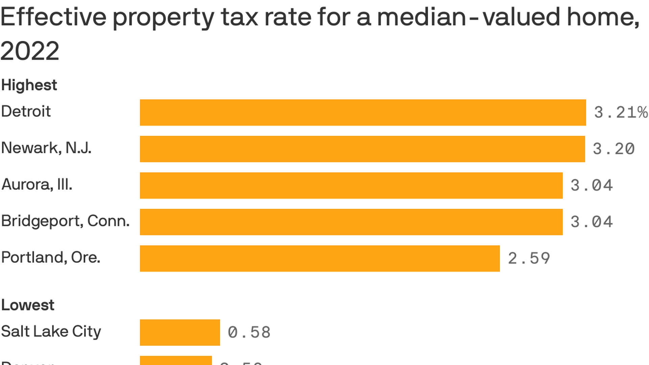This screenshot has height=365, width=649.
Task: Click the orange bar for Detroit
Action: click(x=363, y=113)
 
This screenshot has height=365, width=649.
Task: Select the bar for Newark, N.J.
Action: click(x=362, y=149)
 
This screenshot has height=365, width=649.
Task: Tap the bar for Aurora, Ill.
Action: click(x=351, y=186)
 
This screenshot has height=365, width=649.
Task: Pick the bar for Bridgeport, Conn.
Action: click(x=351, y=222)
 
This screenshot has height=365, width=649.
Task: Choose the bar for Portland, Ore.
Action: click(x=320, y=259)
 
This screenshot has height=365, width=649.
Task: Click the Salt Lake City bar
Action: click(x=180, y=333)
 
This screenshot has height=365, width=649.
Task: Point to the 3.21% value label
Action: click(x=621, y=113)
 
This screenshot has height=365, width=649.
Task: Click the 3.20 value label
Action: click(x=614, y=149)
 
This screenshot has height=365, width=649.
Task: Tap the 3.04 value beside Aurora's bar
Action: click(x=592, y=186)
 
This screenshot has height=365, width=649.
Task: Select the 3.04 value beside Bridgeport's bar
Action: click(x=592, y=222)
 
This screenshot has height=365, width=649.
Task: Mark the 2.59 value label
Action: click(x=529, y=259)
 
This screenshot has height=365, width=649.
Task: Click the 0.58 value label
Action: click(x=249, y=333)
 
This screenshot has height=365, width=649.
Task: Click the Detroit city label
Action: click(x=26, y=112)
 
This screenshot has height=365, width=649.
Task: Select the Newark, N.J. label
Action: click(x=46, y=148)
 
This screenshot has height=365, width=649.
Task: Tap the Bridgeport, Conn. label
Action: click(x=65, y=221)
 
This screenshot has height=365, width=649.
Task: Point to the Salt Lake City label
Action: click(x=51, y=332)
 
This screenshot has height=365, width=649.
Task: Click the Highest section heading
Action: click(x=29, y=85)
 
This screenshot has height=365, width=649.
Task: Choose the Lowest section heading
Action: click(x=28, y=305)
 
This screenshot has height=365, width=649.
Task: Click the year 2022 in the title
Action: click(x=30, y=51)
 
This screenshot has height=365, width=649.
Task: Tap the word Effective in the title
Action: click(x=53, y=17)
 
